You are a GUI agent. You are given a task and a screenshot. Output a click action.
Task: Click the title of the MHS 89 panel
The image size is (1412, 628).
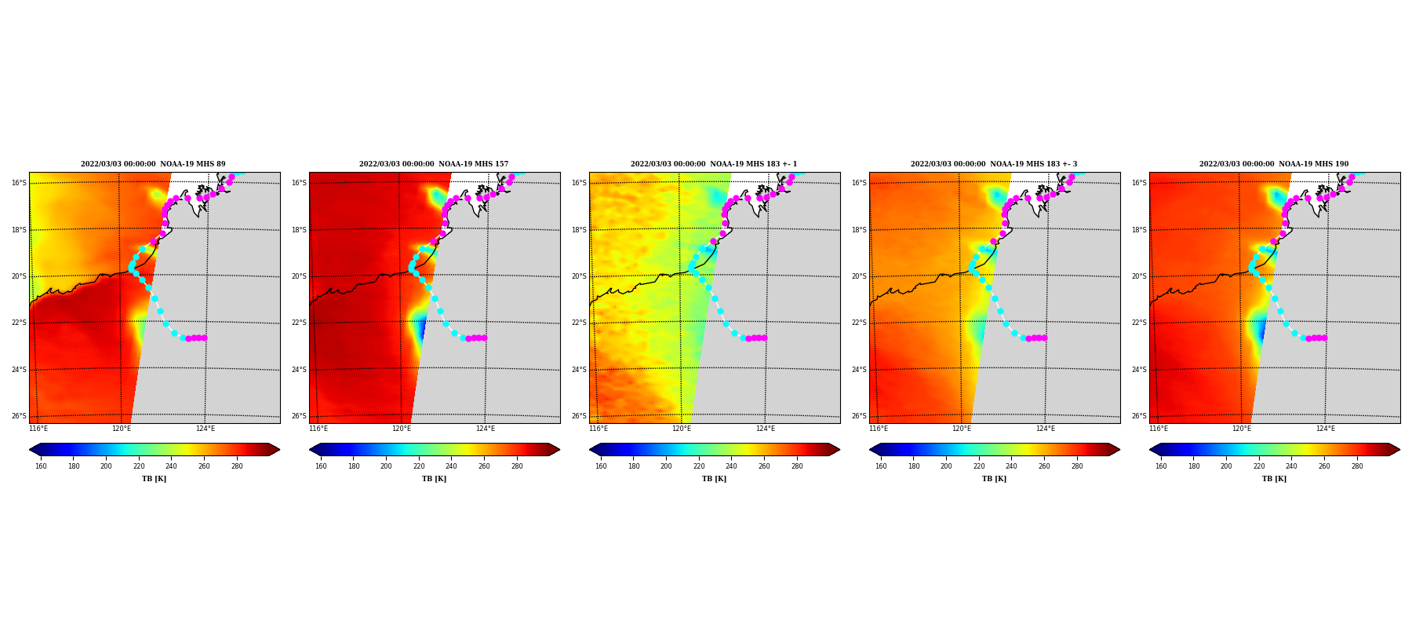pyautogui.click(x=153, y=164)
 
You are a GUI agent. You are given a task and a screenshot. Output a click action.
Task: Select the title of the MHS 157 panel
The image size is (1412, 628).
pyautogui.click(x=434, y=164)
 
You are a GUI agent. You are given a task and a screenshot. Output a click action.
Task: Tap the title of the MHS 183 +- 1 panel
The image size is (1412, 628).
pyautogui.click(x=714, y=164)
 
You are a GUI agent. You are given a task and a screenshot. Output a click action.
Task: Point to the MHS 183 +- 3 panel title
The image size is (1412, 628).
pyautogui.click(x=994, y=164)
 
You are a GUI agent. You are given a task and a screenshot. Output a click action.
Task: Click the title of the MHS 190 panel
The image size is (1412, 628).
pyautogui.click(x=1274, y=164)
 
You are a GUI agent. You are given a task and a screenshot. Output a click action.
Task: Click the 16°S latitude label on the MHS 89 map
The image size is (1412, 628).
pyautogui.click(x=19, y=183)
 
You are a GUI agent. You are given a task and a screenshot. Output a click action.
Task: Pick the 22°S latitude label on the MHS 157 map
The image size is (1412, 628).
pyautogui.click(x=299, y=323)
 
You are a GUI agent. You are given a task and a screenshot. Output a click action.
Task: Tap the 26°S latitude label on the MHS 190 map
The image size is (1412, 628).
pyautogui.click(x=1139, y=416)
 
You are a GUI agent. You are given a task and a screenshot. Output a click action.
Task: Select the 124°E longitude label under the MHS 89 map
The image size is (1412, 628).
pyautogui.click(x=206, y=429)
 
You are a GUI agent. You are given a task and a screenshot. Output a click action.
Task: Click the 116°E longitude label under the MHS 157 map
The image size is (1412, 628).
pyautogui.click(x=318, y=429)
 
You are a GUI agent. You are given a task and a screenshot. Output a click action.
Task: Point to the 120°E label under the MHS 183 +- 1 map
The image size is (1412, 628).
pyautogui.click(x=682, y=429)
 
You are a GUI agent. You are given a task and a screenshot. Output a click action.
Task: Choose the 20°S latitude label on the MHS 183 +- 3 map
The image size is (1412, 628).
pyautogui.click(x=859, y=276)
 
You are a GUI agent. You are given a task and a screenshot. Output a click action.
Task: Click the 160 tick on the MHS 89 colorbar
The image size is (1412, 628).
pyautogui.click(x=41, y=466)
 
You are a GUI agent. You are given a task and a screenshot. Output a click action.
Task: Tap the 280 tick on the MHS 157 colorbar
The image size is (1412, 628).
pyautogui.click(x=517, y=466)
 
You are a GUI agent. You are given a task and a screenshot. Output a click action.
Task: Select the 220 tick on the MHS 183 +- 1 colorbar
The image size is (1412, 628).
pyautogui.click(x=699, y=466)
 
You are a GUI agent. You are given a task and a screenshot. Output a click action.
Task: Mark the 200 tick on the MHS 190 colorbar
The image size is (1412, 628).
pyautogui.click(x=1226, y=466)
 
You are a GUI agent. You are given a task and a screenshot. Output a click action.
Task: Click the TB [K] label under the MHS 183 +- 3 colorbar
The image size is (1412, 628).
pyautogui.click(x=994, y=479)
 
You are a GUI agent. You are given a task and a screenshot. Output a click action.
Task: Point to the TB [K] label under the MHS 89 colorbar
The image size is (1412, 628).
pyautogui.click(x=154, y=479)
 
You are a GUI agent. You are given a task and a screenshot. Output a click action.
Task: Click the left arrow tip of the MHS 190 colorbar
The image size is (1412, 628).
pyautogui.click(x=1150, y=450)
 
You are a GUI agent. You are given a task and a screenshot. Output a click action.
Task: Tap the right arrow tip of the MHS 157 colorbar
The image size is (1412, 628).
pyautogui.click(x=559, y=450)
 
